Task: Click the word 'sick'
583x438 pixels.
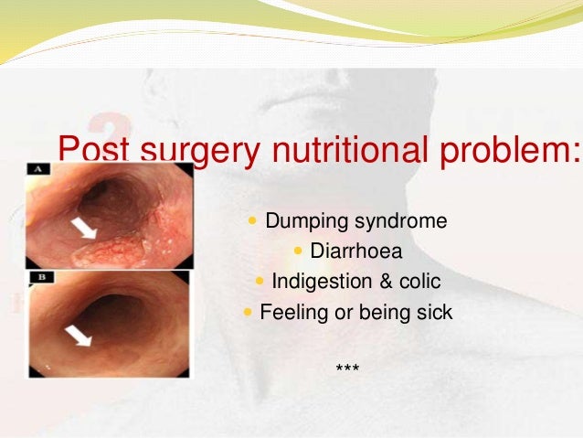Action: pos(434,312)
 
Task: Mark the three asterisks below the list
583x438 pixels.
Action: pos(347,369)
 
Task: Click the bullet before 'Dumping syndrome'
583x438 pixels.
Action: pos(253,222)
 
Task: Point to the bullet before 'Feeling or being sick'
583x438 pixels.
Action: pos(248,312)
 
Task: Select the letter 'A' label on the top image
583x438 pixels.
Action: pos(39,169)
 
